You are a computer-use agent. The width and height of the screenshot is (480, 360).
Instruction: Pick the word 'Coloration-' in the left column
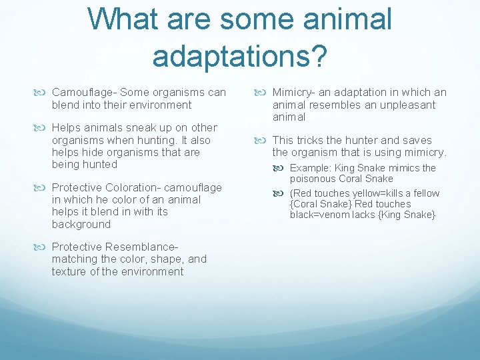pos(131,187)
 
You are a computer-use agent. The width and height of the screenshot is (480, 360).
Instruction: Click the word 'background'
pos(81,224)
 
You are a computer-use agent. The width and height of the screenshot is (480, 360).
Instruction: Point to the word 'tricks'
pos(311,140)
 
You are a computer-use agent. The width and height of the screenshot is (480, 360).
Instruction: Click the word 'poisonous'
pos(313,179)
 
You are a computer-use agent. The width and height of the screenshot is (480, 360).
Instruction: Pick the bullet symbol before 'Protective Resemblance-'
pos(43,247)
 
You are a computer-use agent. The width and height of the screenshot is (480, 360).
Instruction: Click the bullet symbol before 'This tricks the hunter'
pos(264,140)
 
